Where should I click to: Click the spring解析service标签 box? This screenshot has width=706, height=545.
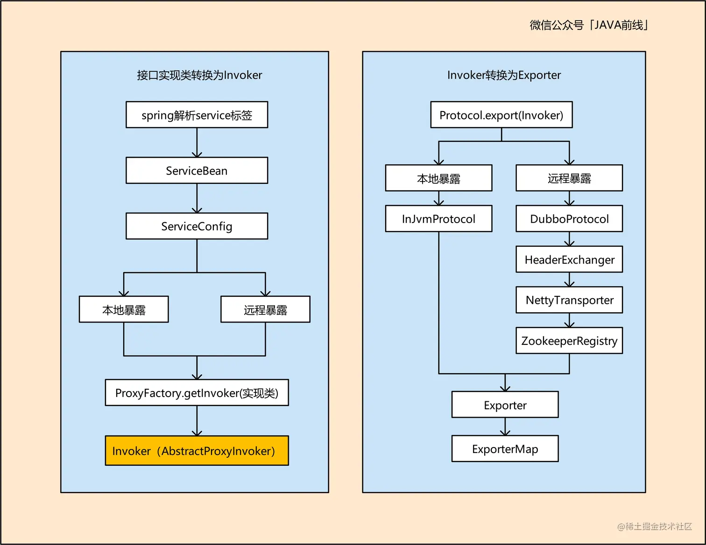click(x=197, y=115)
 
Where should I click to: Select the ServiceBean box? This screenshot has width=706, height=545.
click(x=197, y=170)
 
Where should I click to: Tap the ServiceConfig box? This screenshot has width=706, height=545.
click(x=197, y=226)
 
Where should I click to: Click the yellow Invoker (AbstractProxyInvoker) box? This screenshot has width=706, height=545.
click(x=197, y=451)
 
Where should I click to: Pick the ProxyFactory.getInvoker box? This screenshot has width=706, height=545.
click(x=197, y=393)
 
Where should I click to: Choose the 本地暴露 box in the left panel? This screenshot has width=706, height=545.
click(x=124, y=309)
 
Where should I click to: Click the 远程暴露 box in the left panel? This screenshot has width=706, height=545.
click(x=265, y=309)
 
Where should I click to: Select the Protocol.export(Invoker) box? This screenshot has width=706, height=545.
click(x=501, y=115)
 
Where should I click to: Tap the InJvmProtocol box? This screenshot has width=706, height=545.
click(x=438, y=219)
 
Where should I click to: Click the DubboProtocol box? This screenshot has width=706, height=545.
click(x=569, y=219)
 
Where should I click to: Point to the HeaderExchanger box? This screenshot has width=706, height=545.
click(x=569, y=259)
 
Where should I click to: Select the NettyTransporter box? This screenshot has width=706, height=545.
click(x=569, y=300)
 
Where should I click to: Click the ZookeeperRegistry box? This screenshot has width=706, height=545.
click(x=569, y=341)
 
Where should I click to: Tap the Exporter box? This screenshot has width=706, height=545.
click(x=505, y=405)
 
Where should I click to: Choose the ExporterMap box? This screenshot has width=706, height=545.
click(x=505, y=449)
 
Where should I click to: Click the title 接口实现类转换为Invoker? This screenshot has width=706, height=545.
click(x=199, y=75)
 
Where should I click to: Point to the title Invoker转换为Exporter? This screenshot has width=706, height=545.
click(x=504, y=75)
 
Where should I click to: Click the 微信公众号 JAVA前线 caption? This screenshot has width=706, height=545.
click(x=588, y=25)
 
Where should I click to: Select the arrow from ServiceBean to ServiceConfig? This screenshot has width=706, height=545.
click(x=197, y=198)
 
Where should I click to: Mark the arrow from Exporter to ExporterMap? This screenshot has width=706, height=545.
click(x=505, y=426)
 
